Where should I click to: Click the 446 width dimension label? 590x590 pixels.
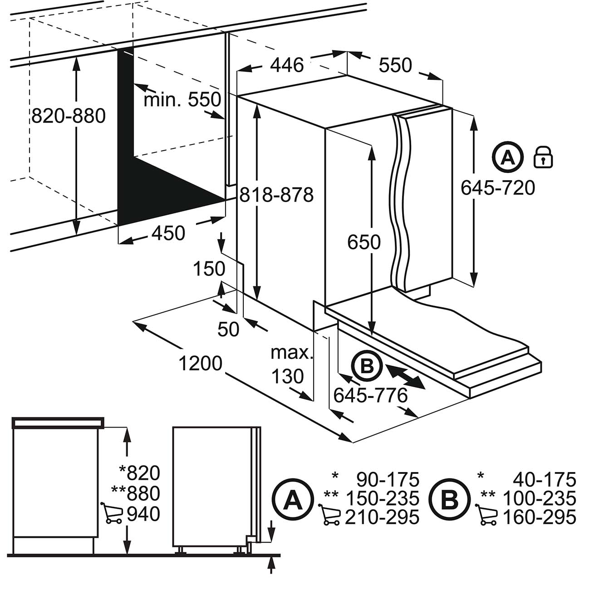[287, 65]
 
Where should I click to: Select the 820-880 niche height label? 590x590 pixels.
[68, 116]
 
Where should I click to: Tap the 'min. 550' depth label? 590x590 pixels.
[182, 99]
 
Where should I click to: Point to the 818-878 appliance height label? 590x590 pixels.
[276, 195]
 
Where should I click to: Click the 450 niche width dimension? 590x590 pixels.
[168, 233]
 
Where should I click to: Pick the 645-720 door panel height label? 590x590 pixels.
[498, 187]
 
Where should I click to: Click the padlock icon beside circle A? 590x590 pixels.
[543, 158]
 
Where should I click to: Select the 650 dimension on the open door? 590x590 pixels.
[364, 242]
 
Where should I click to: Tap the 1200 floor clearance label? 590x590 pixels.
[200, 363]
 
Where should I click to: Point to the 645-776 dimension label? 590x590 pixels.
[370, 396]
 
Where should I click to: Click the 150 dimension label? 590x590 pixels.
[209, 269]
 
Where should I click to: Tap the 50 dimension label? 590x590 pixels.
[228, 329]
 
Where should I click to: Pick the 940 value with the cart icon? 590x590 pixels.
[143, 514]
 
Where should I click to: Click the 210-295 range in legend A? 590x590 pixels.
[382, 517]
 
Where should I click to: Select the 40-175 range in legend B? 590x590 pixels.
[545, 480]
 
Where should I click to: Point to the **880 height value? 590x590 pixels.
[136, 493]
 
